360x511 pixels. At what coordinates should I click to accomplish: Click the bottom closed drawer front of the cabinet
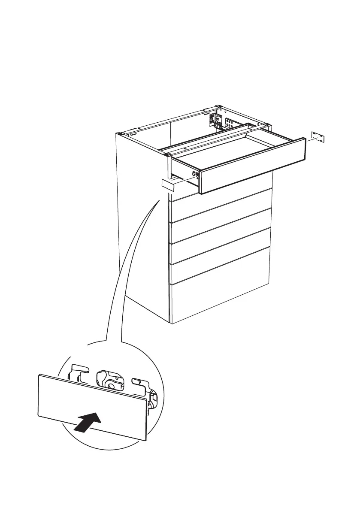point(221,302)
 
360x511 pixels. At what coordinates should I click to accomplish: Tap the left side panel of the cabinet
point(142,223)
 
